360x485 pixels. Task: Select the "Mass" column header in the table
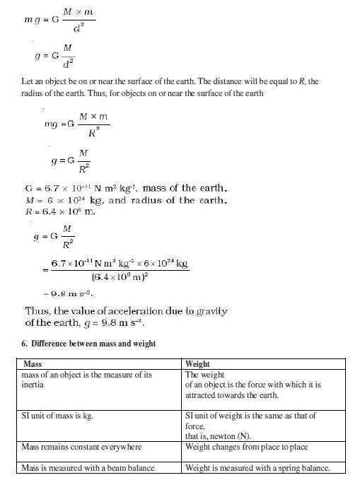(33, 363)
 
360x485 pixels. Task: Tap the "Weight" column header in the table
(198, 363)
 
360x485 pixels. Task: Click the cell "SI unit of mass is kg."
(63, 416)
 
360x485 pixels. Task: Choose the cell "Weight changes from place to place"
(246, 447)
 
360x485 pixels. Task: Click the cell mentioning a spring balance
(256, 467)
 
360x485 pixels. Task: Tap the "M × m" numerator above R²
(93, 115)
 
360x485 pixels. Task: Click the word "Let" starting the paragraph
(28, 82)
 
